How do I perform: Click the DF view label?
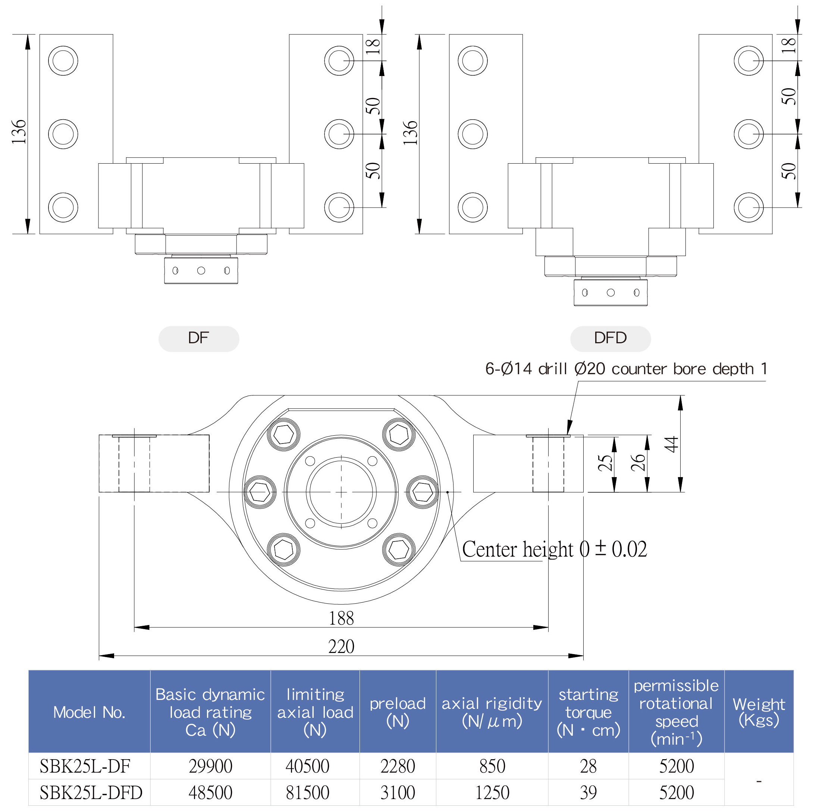coord(199,338)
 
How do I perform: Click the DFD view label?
coord(610,338)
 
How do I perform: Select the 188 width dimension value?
coord(341,618)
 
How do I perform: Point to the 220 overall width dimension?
coord(341,647)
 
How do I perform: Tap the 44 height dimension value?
coord(672,444)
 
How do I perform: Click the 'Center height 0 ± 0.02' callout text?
coord(554,549)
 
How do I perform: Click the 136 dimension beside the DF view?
coord(19,132)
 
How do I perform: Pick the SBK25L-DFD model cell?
coord(91,793)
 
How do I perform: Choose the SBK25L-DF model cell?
coord(85,766)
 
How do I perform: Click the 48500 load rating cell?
coord(210,793)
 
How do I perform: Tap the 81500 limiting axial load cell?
coord(307,793)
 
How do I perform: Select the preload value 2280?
coord(398,766)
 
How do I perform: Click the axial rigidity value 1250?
coord(492,793)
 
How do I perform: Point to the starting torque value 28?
coord(588,766)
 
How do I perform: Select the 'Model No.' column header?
coord(89,712)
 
